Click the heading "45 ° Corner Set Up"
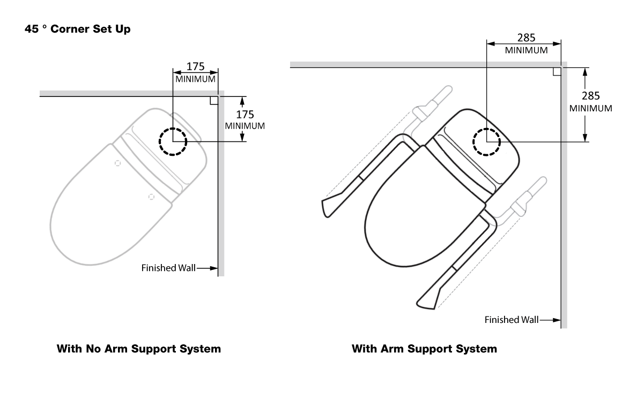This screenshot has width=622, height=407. click(77, 29)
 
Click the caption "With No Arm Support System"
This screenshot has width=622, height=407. click(139, 349)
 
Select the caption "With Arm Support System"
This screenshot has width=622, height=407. click(424, 349)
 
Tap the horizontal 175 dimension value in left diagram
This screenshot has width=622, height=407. click(195, 67)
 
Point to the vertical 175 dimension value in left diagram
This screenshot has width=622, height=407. click(245, 115)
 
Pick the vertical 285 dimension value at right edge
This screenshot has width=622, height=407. click(591, 96)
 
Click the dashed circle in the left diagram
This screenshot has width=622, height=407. click(173, 142)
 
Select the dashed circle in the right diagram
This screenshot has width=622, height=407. click(486, 142)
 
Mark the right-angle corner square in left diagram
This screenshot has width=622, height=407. click(214, 101)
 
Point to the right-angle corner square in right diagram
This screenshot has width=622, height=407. click(557, 71)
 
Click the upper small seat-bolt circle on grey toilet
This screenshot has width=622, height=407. click(117, 162)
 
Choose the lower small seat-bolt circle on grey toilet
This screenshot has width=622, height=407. click(151, 197)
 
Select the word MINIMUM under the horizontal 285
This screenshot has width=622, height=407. click(526, 50)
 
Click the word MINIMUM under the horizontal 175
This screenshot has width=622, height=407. click(195, 79)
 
